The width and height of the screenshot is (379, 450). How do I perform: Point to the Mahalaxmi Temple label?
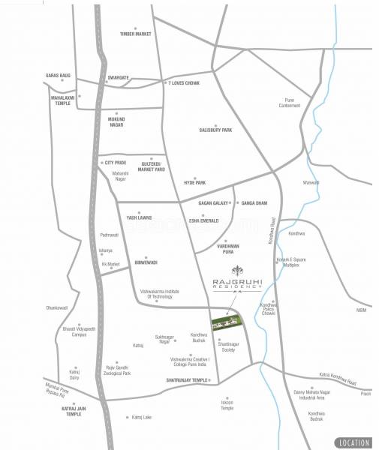pos(62,100)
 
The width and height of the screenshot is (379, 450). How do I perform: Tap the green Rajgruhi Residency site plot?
pos(227,322)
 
